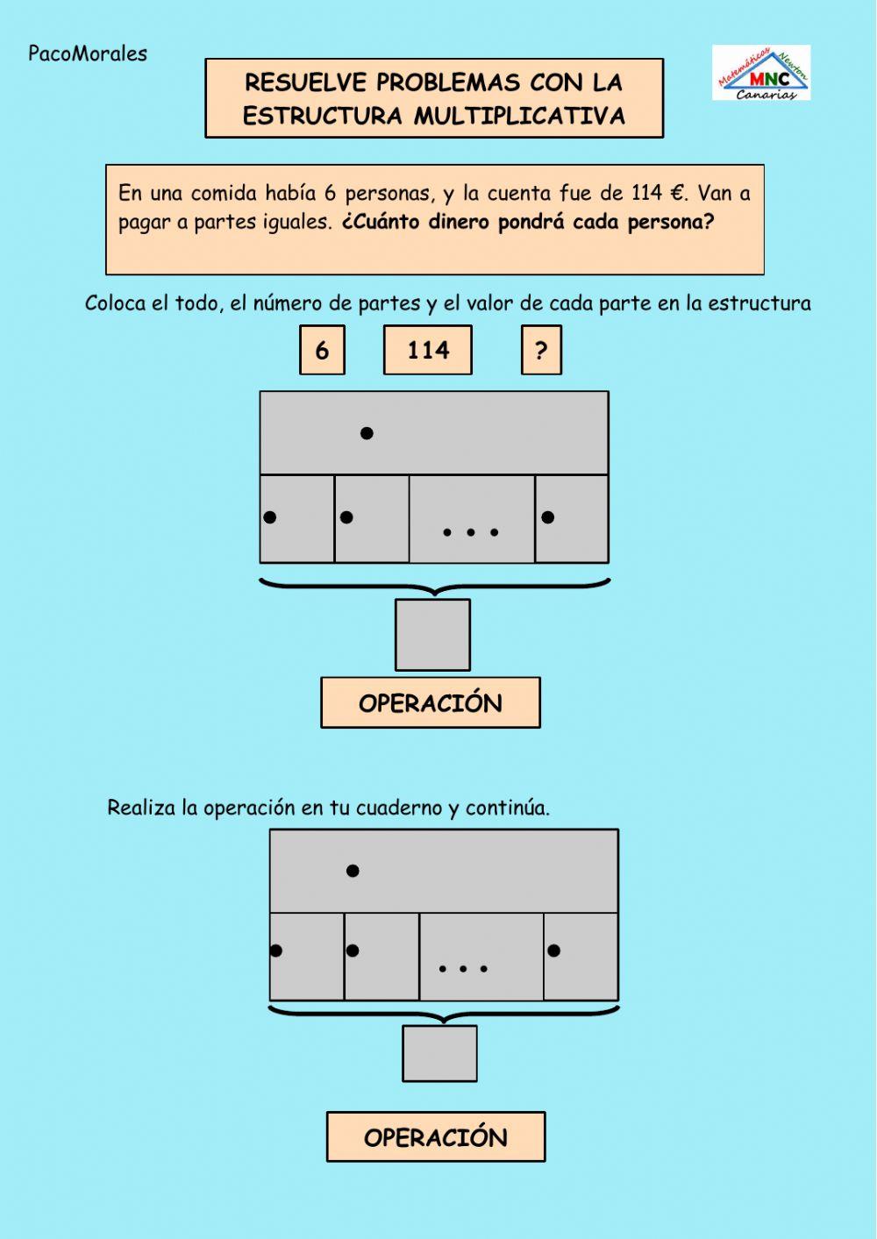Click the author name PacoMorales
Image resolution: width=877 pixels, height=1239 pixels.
point(88,53)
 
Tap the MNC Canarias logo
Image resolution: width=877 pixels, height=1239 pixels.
point(760,74)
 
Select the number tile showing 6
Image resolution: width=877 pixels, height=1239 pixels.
point(322,350)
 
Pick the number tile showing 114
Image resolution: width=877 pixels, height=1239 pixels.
point(428,350)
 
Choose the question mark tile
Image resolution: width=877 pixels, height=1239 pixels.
point(541,350)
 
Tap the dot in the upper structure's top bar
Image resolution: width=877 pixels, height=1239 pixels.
point(367,433)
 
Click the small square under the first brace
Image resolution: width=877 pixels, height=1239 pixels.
point(432,635)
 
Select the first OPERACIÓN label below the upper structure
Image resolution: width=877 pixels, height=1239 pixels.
point(431,703)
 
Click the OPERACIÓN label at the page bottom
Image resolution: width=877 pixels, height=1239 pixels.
point(436,1137)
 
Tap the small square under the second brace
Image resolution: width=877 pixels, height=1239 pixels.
point(440,1053)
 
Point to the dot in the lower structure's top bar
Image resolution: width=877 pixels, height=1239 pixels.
point(353,871)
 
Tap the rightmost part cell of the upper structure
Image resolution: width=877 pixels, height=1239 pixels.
point(572,519)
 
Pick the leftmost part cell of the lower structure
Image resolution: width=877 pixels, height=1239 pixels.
point(307,956)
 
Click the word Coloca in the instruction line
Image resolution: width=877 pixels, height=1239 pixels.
point(115,303)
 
